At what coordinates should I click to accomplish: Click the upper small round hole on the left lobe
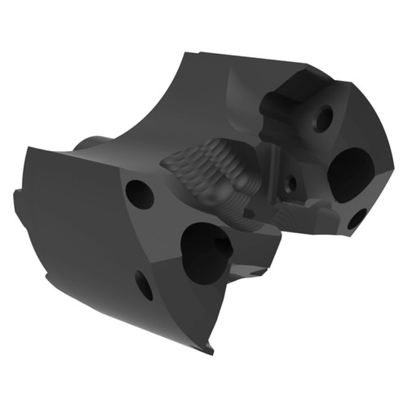tap(140, 193)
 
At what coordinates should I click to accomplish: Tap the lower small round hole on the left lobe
tap(144, 285)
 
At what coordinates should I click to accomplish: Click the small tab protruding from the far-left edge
tap(17, 201)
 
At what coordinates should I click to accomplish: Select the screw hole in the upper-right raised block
tap(324, 119)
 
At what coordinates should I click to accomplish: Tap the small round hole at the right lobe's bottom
tap(357, 219)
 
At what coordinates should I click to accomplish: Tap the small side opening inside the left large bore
tap(222, 243)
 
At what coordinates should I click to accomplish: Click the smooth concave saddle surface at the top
tap(188, 98)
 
